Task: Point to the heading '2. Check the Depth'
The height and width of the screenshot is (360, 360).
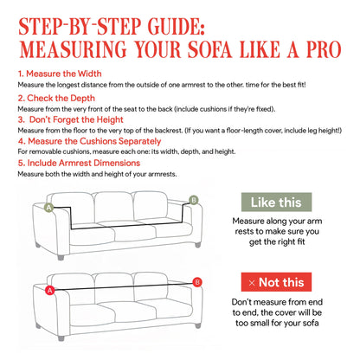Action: [x=54, y=99]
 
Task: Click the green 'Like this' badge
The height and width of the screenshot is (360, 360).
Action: [x=276, y=202]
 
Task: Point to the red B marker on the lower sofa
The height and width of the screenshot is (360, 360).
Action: [x=197, y=281]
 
